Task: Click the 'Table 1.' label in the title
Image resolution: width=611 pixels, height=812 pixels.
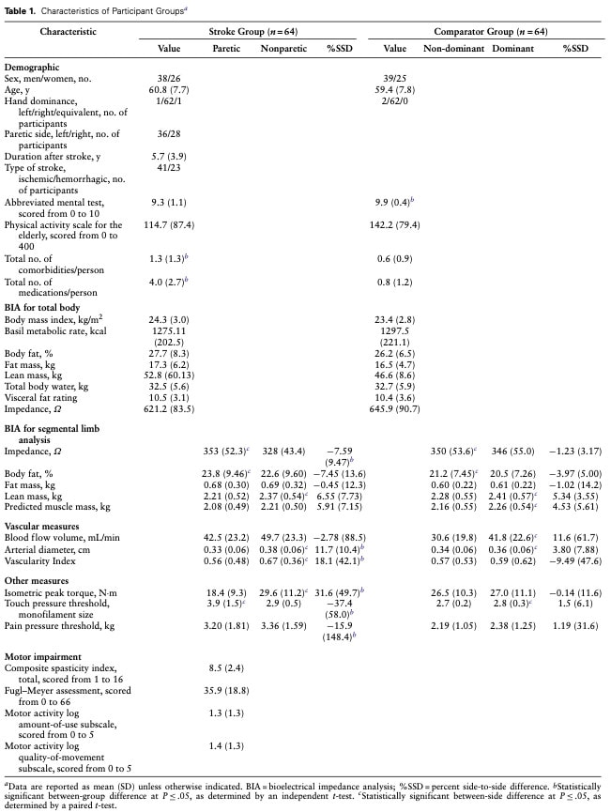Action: (x=22, y=10)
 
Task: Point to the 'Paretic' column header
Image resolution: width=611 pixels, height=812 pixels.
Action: (x=225, y=47)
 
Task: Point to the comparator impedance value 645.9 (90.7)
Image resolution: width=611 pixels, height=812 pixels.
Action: (x=395, y=409)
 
